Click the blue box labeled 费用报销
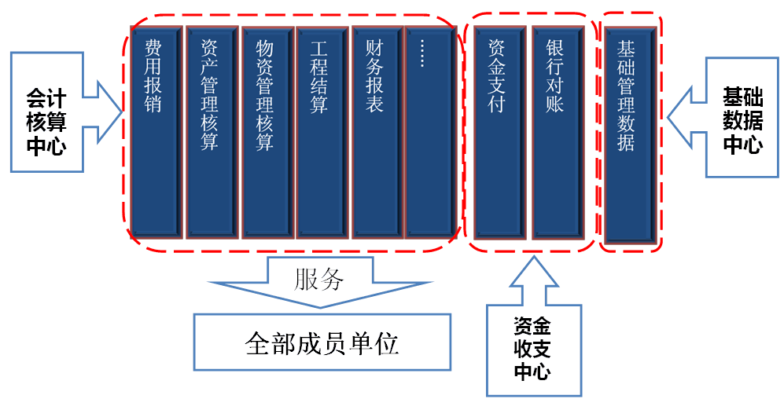(156, 132)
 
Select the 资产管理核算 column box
(211, 132)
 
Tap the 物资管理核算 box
(266, 132)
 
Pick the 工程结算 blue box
(321, 132)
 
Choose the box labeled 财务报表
(376, 132)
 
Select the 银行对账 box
(557, 132)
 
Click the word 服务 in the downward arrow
(318, 280)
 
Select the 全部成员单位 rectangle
(322, 343)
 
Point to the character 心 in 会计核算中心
(56, 146)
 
